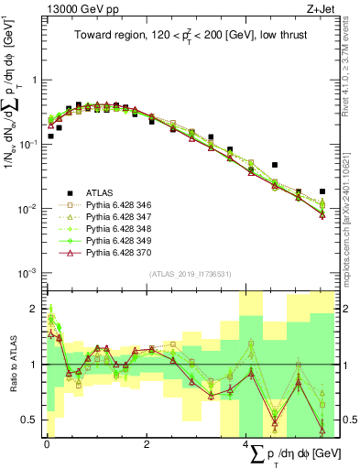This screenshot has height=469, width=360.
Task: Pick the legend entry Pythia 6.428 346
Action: click(121, 204)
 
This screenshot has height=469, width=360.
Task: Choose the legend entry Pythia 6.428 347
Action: click(121, 216)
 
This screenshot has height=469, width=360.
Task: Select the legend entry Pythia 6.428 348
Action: click(121, 228)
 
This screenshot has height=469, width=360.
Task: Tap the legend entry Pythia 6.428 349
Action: click(121, 240)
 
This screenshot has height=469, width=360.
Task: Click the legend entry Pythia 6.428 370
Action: click(121, 252)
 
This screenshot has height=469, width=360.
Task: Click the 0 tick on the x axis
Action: click(47, 444)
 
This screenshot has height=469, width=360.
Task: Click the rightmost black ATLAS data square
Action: click(322, 191)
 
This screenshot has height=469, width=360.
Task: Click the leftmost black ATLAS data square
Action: click(50, 136)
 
